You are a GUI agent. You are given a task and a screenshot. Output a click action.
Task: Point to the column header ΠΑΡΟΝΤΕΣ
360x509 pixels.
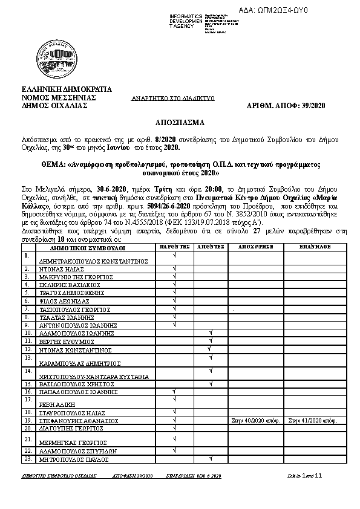tap(175, 248)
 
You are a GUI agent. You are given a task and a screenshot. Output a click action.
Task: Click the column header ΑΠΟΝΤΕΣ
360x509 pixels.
tap(211, 248)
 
